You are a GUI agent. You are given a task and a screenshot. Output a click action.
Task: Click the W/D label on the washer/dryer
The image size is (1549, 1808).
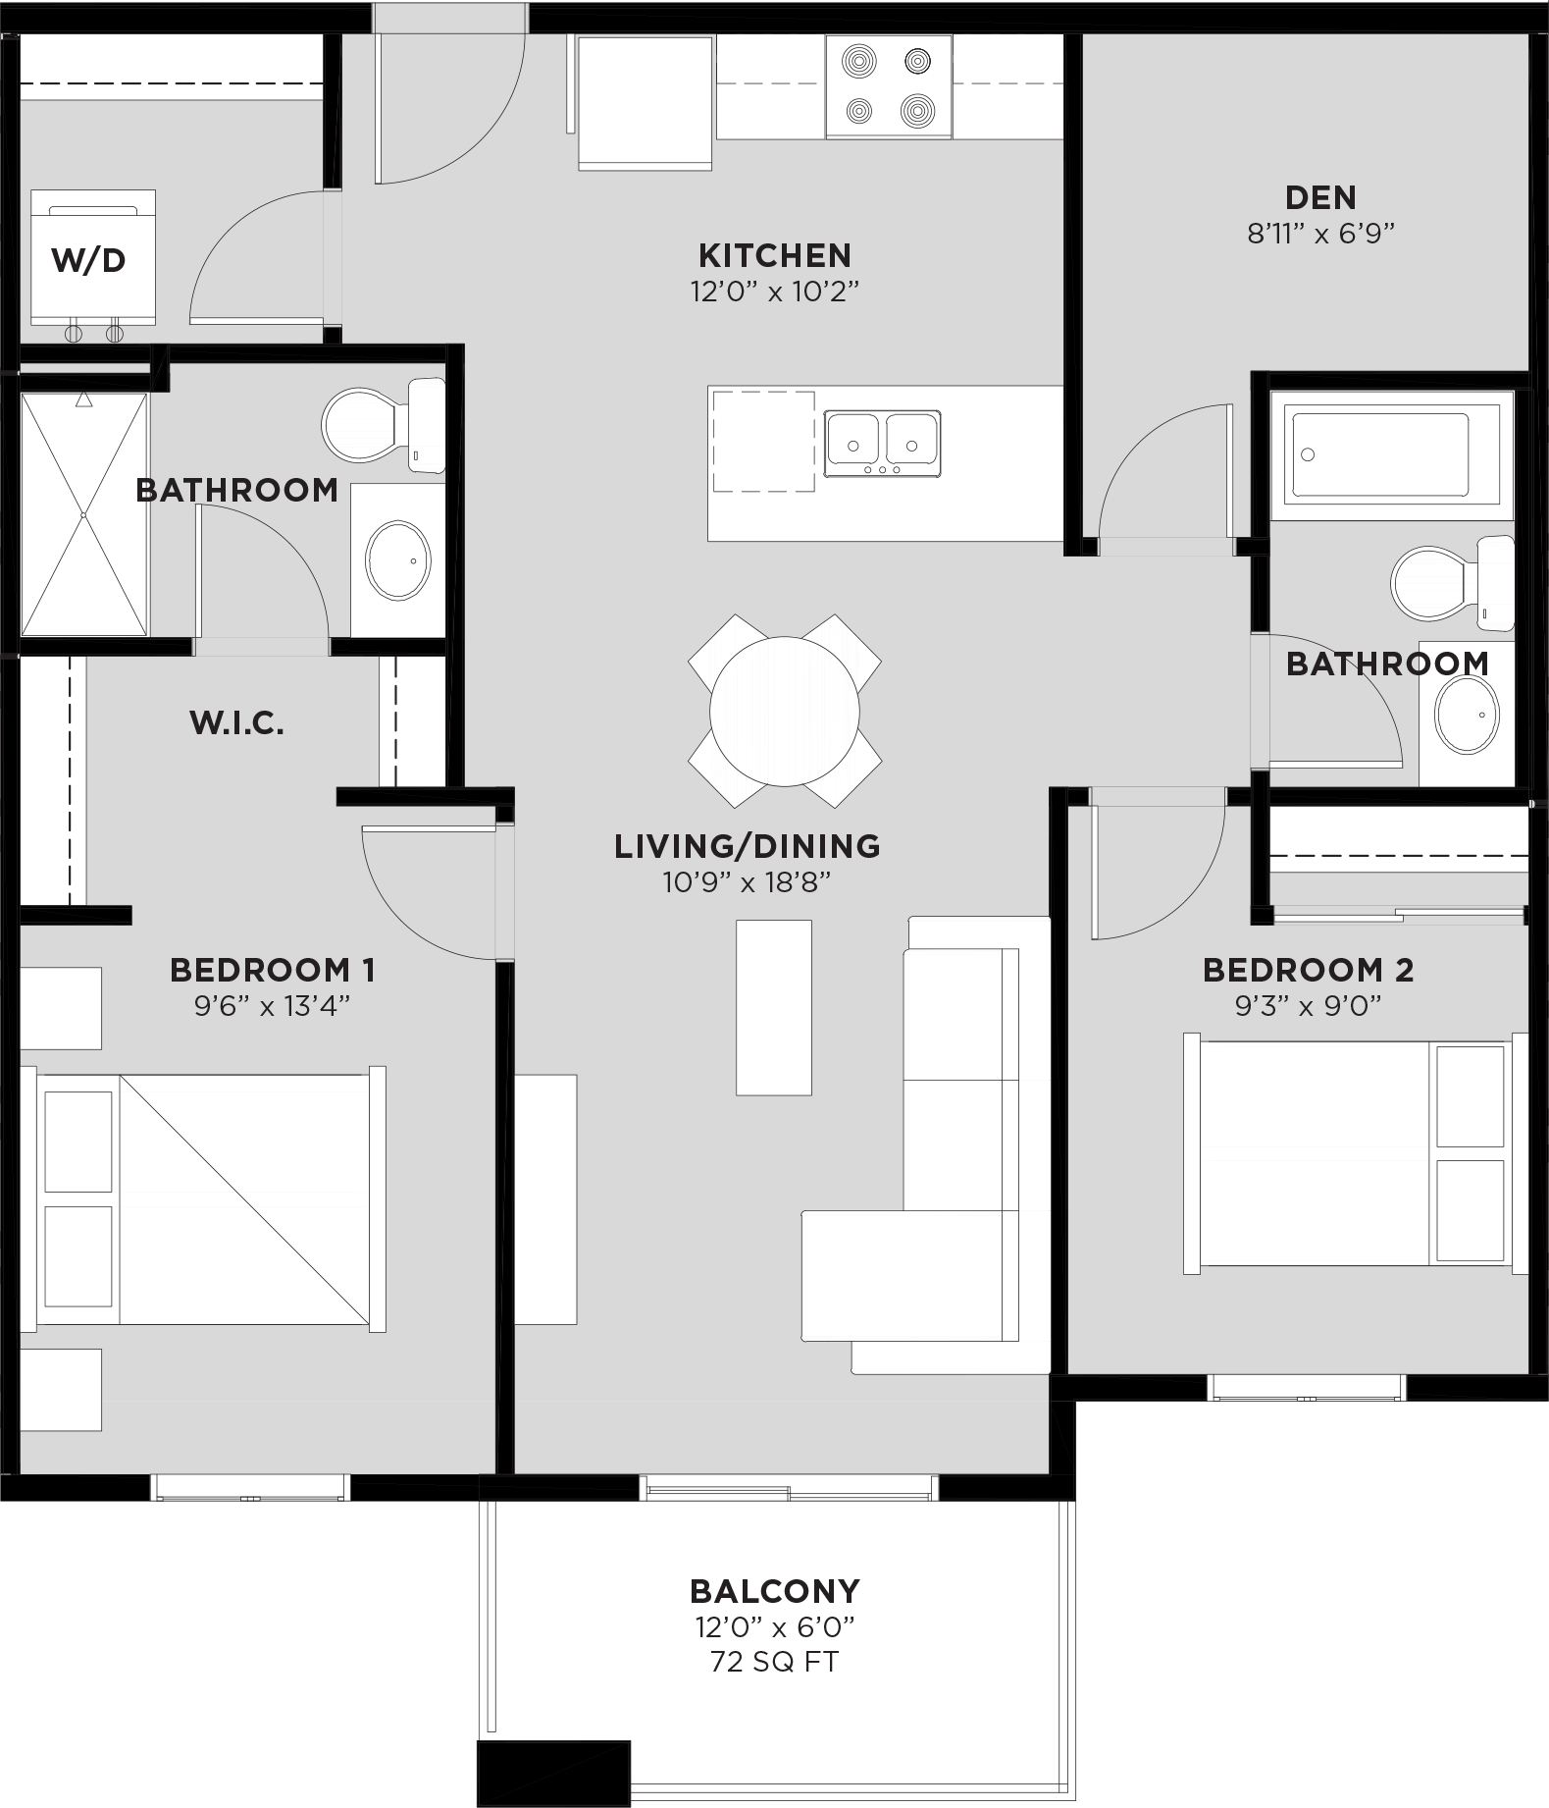pos(88,260)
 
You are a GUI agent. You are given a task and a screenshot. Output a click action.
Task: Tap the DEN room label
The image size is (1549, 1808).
pos(1320,197)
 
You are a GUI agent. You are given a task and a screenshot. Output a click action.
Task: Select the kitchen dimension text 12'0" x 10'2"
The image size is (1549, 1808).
pos(775,292)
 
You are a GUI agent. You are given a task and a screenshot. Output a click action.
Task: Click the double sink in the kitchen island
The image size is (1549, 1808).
pos(882,443)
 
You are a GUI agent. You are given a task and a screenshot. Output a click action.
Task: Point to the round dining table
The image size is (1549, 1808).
pos(784,711)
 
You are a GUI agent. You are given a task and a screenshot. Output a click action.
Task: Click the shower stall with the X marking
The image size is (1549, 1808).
pos(84,514)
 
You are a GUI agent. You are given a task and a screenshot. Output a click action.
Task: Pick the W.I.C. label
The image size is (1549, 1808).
pos(236,724)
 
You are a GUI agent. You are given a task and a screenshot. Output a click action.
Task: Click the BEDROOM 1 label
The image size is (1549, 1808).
pos(272,970)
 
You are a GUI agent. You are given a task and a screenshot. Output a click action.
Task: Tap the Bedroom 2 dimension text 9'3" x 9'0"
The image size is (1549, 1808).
pos(1307,1006)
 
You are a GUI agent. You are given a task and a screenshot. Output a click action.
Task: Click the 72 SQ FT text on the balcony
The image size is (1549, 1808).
pos(774,1662)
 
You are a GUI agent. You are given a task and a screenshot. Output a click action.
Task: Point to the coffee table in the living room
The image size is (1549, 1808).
pos(774,1007)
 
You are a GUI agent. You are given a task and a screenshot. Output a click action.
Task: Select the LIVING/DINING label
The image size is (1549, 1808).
pos(747,846)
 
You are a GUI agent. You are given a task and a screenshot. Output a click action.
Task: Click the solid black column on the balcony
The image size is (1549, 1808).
pos(552,1773)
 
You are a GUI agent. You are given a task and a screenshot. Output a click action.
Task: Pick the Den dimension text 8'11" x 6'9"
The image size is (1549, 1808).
pos(1320,234)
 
